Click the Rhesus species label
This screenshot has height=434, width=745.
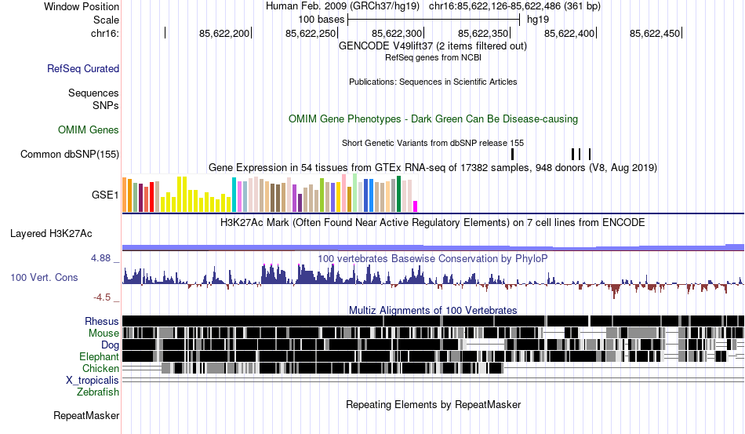[x=102, y=321]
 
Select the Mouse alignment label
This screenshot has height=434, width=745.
[x=104, y=333]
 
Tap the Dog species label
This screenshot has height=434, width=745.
[x=110, y=345]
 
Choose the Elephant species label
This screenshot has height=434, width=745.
[x=99, y=356]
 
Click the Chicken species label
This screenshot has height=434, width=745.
[x=100, y=368]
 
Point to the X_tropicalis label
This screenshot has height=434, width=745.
[x=93, y=380]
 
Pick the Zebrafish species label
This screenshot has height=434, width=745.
[x=98, y=392]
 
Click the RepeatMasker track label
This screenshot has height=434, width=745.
[x=86, y=415]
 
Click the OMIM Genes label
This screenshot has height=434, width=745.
[x=88, y=129]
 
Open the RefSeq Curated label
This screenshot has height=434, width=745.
[x=83, y=68]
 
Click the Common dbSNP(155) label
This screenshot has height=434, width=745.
[x=70, y=155]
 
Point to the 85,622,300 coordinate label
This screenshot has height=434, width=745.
[x=397, y=34]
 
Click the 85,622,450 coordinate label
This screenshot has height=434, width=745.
[x=656, y=34]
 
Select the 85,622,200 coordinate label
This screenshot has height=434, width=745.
[x=224, y=34]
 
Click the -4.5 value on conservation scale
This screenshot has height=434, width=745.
[x=104, y=297]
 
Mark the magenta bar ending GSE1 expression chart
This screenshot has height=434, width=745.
[x=416, y=206]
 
